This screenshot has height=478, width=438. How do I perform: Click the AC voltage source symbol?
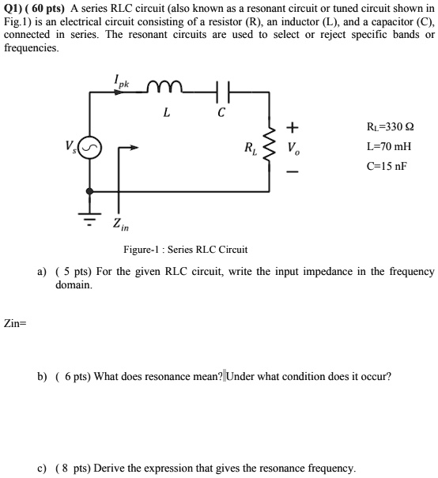89,148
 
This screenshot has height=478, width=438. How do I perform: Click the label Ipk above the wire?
121,81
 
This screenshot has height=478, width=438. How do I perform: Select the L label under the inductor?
166,113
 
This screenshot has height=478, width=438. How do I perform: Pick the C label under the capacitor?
221,113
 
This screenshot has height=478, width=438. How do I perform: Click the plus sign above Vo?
293,126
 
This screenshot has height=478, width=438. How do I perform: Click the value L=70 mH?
388,147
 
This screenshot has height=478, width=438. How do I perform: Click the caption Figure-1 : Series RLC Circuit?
185,250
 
